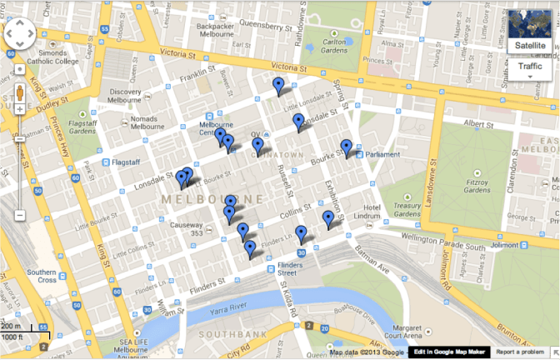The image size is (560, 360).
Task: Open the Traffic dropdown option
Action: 529,66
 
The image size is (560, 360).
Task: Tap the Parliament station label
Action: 382,154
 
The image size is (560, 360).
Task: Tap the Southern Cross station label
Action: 41,276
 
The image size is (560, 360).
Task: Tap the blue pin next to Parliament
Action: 347,148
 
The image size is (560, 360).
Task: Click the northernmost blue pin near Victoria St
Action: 278,85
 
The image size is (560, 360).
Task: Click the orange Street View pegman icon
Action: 19,92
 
